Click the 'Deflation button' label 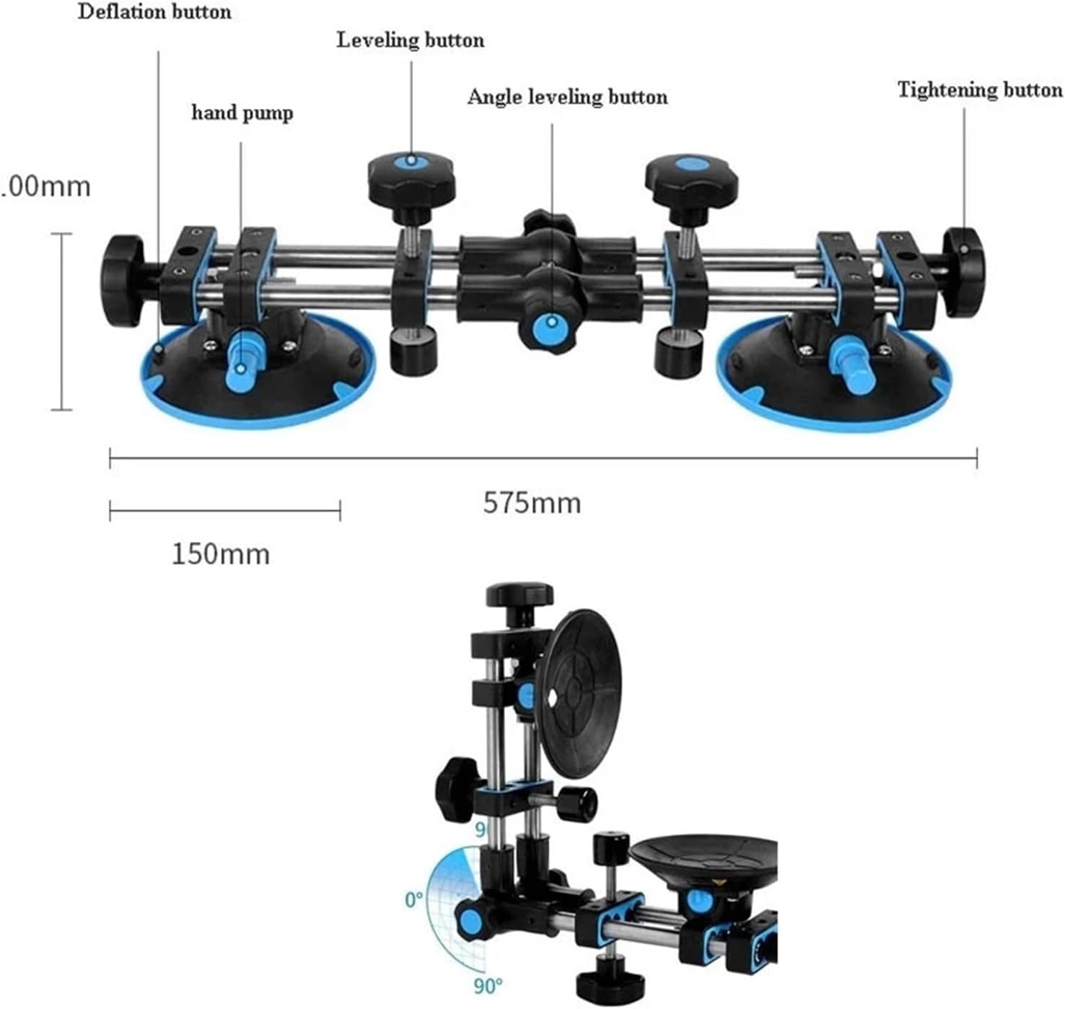[x=154, y=12]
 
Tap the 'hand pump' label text [x=242, y=113]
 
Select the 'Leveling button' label [x=411, y=40]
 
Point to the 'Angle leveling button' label [x=567, y=97]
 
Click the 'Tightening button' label [x=980, y=89]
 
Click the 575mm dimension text [x=532, y=502]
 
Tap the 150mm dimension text [x=221, y=554]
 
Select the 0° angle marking [x=413, y=900]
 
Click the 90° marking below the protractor [x=488, y=984]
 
